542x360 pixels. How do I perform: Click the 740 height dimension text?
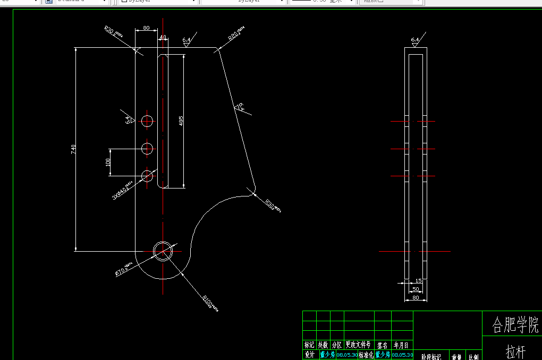coord(73,150)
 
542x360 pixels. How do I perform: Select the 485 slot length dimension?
coord(181,121)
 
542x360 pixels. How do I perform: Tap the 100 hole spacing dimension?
coord(108,162)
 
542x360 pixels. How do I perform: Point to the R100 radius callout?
coord(209,303)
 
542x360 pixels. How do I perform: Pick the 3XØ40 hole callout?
coord(122,192)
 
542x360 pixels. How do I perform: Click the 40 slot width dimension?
coord(163,37)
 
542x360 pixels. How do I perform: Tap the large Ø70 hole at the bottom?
coord(163,251)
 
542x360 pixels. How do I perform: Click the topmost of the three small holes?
coord(147,121)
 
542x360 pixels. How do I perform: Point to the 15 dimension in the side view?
coord(418,280)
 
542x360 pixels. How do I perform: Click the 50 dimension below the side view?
coord(416,289)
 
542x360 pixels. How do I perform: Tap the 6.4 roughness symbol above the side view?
coord(415,40)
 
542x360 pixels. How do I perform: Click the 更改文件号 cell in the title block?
coord(359,345)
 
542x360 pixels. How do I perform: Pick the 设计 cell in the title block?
coord(309,355)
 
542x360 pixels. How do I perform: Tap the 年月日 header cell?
coord(401,345)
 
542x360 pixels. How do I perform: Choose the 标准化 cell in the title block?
coord(366,355)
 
